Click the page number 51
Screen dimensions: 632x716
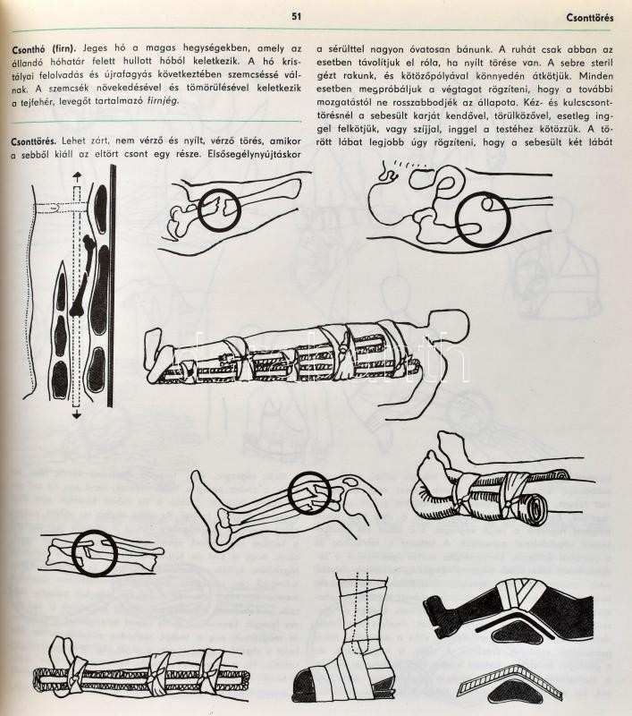tap(297, 16)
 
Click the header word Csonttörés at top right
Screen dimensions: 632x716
tap(590, 18)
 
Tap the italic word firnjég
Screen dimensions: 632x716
tap(161, 101)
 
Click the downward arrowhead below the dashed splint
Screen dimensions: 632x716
tap(77, 415)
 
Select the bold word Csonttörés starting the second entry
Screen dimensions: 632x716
tap(34, 142)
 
